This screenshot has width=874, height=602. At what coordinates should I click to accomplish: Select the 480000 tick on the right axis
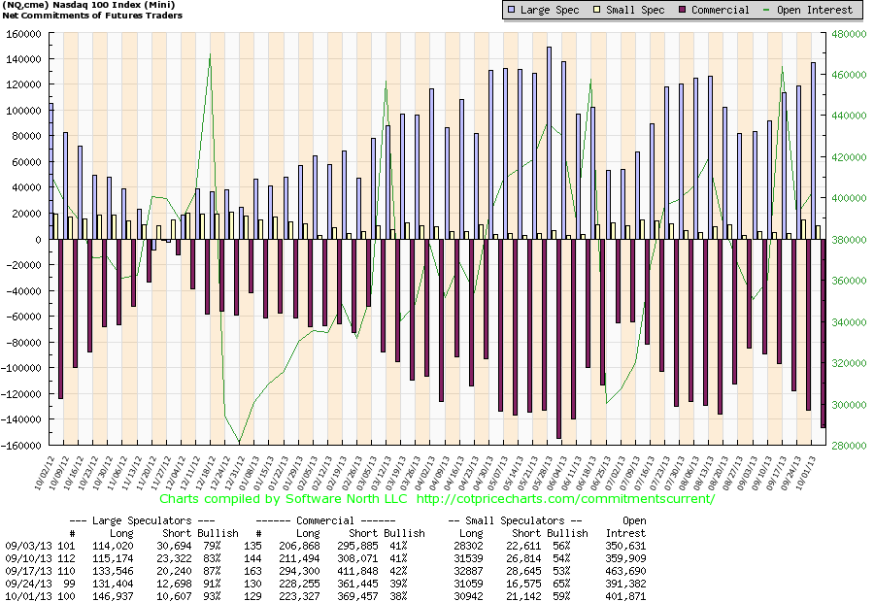click(848, 33)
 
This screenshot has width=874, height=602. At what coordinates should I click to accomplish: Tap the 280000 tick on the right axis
click(848, 446)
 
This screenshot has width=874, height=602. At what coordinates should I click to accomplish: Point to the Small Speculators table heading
click(515, 520)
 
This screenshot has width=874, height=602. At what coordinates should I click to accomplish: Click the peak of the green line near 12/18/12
click(210, 54)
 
